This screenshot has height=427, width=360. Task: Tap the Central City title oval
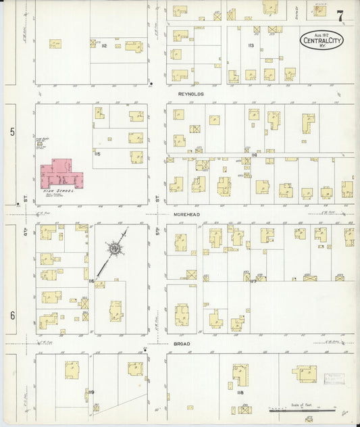tap(322, 42)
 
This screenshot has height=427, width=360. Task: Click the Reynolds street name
tap(190, 95)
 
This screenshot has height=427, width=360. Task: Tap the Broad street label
tap(180, 344)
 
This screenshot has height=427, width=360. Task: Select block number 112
tap(104, 46)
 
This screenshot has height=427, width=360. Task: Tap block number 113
tap(251, 45)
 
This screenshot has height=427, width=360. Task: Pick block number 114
tap(254, 155)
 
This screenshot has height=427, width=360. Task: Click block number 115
tap(98, 154)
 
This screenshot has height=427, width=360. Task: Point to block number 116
tap(90, 280)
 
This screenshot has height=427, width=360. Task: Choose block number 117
tap(253, 282)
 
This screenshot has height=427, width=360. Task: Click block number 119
tap(91, 392)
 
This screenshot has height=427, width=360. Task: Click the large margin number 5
tap(11, 132)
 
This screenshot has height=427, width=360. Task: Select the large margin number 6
tap(11, 316)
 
